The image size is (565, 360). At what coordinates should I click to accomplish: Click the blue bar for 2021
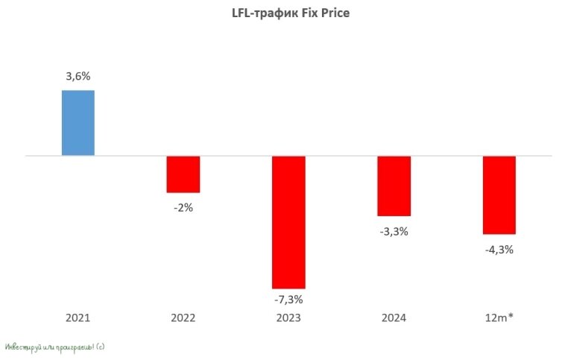[78, 123]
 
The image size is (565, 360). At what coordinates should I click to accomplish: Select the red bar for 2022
[183, 174]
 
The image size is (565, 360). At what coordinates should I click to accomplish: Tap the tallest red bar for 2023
[288, 222]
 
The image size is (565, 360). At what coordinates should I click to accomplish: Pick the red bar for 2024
[394, 186]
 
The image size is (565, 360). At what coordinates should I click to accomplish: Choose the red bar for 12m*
[499, 195]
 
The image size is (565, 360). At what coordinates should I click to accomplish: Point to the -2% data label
[183, 208]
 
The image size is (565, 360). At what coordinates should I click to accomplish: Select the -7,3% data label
[288, 300]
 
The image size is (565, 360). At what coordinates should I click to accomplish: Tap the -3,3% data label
[394, 232]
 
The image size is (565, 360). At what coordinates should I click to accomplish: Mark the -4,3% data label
[499, 250]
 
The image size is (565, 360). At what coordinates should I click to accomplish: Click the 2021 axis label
[78, 318]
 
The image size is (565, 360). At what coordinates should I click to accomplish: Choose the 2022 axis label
[183, 318]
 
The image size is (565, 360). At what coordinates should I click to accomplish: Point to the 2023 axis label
[288, 318]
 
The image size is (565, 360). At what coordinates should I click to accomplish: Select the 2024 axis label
[394, 318]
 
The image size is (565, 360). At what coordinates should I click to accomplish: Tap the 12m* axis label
[499, 318]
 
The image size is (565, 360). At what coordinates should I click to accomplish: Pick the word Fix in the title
[305, 13]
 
